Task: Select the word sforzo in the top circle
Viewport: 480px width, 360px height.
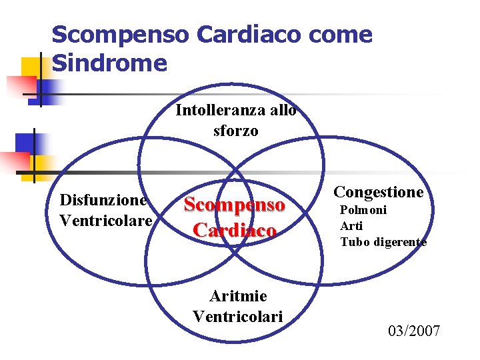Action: click(x=236, y=131)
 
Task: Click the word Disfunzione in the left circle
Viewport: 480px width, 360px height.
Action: click(x=103, y=200)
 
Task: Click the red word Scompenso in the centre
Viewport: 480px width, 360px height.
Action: click(x=235, y=205)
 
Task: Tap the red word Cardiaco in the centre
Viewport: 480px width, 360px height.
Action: click(x=235, y=230)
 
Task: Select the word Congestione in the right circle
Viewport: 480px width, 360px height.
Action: click(x=379, y=192)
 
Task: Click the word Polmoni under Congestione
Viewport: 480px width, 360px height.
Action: click(x=363, y=211)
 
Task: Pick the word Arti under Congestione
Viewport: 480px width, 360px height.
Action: click(x=351, y=226)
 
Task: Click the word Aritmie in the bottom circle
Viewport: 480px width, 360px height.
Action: click(x=238, y=295)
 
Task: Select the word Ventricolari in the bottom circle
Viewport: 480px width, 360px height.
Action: click(x=238, y=315)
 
